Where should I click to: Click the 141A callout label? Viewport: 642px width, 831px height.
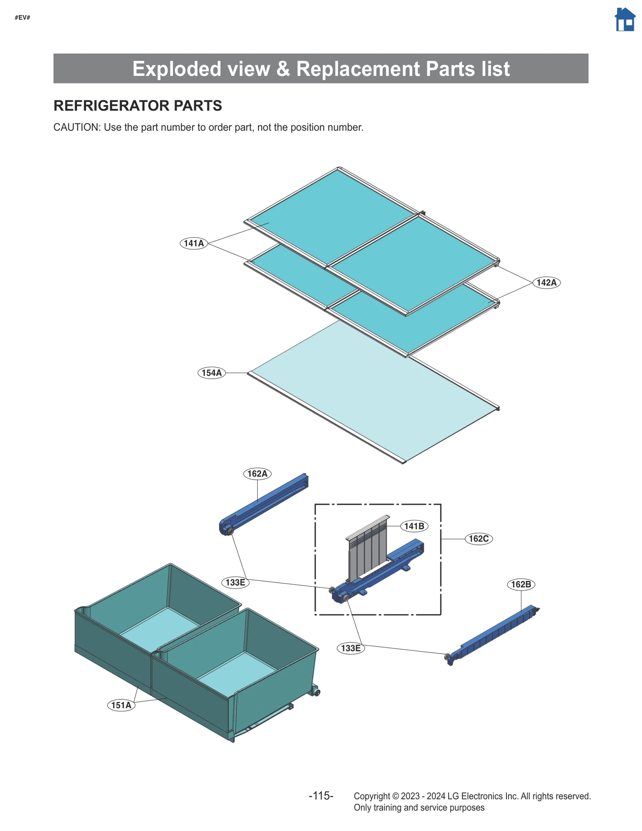point(194,243)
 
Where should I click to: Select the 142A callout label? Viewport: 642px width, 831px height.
point(546,282)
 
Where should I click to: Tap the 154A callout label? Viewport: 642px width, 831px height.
point(211,373)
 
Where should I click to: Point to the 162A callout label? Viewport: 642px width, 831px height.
point(257,473)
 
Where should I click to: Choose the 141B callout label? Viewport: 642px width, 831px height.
point(414,526)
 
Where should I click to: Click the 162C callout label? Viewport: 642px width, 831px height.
point(478,538)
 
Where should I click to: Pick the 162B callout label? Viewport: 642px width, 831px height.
point(521,584)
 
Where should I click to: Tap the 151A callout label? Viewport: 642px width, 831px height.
point(121,705)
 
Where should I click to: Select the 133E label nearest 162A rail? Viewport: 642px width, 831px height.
point(235,582)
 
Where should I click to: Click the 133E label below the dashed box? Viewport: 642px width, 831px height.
point(351,648)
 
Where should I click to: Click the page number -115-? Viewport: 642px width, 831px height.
point(321,796)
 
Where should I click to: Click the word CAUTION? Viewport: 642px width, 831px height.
point(76,127)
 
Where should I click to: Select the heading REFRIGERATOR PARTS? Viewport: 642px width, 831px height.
point(138,106)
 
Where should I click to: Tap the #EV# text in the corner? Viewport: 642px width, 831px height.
point(22,18)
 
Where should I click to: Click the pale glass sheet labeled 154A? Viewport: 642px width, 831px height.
point(373,397)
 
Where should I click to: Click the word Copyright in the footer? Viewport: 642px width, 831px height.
point(372,796)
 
